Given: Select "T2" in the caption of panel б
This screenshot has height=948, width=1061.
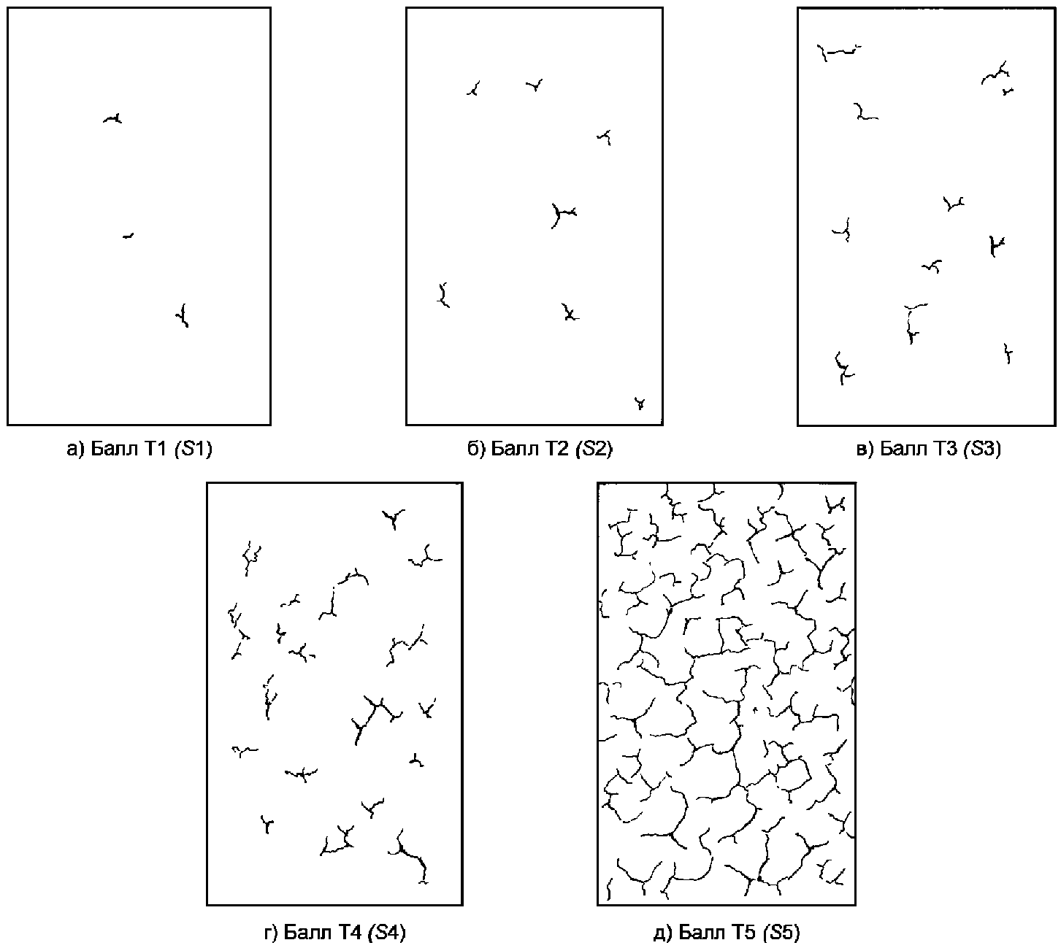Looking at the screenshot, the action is [558, 449].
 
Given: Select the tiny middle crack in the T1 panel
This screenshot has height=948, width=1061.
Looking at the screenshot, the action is [128, 236].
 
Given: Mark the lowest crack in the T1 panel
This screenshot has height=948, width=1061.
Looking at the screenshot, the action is [183, 316].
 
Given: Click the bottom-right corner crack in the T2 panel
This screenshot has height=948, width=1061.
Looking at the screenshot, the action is [640, 403].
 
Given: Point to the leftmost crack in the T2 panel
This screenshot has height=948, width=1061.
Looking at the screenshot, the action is [443, 296].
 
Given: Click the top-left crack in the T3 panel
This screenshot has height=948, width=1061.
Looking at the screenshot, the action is [838, 53].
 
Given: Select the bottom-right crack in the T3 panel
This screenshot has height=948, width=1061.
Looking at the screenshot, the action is [1008, 354].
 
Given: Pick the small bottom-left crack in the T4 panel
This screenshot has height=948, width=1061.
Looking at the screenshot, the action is [267, 825].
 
